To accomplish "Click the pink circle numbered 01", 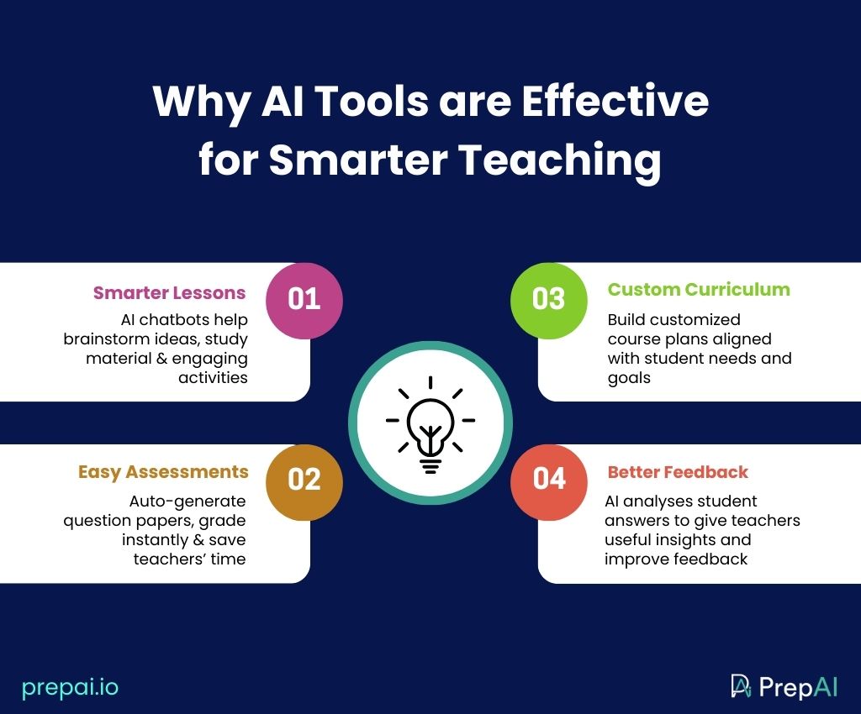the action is pos(304,301).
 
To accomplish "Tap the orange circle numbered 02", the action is pos(304,482).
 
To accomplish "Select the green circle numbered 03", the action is pos(549,301).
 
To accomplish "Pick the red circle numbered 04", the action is pos(549,482).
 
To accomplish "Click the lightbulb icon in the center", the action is pos(430,424).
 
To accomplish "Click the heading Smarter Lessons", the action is pos(169,293).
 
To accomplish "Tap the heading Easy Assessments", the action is pos(163,471).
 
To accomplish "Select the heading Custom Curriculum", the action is pos(699,290).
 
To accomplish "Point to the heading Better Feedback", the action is pos(678,471).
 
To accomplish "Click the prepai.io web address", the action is pos(71,688).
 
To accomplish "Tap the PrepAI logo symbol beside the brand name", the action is pos(742,686).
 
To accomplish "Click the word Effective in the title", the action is pos(615,101).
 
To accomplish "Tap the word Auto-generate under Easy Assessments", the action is pos(188,501).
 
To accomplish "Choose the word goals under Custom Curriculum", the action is pos(629,378).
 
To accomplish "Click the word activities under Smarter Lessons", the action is pos(213,378).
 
